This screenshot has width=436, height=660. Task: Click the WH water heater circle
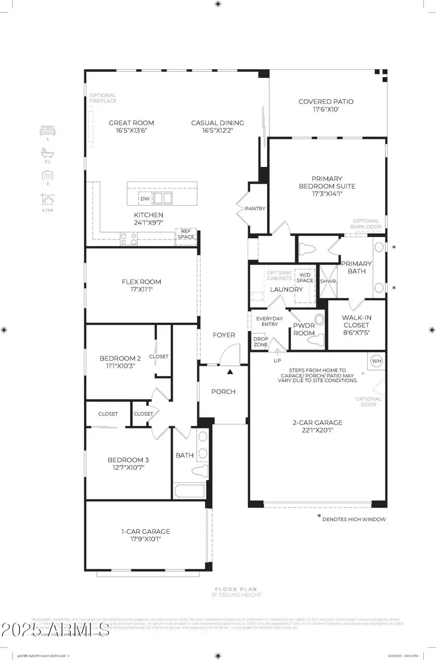376,361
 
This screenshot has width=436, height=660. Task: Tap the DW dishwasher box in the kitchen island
145,198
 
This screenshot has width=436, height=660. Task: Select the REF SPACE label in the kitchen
186,234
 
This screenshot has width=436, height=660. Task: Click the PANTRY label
255,209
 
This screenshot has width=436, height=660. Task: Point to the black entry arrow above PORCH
230,372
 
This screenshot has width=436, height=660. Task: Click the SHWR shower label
327,281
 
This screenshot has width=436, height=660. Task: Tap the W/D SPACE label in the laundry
305,278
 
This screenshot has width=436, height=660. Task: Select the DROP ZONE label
261,342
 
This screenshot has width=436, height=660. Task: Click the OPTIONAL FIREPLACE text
103,98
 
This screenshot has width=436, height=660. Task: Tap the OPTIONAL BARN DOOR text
366,224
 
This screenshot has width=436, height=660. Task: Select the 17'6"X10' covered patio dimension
326,109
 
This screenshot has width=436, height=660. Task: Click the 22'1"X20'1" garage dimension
317,430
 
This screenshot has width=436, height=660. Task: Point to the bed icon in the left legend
47,130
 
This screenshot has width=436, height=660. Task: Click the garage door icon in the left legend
47,176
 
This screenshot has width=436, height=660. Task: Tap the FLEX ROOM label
141,282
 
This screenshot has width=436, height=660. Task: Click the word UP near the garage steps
277,360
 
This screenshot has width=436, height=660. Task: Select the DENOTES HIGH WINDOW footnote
354,519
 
